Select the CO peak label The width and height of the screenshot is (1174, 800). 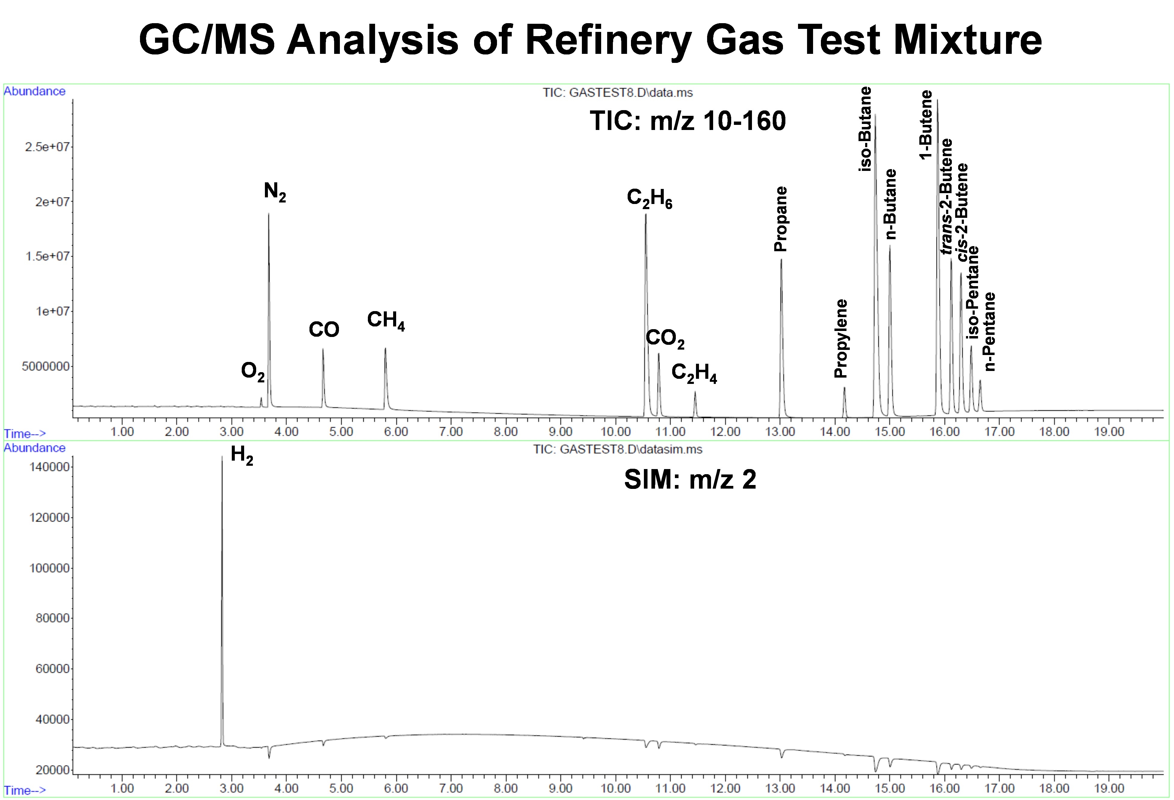pyautogui.click(x=324, y=330)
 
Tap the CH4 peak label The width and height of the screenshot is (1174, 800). pyautogui.click(x=385, y=320)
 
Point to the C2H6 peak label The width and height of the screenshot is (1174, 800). pyautogui.click(x=649, y=198)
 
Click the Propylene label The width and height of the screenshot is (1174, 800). pyautogui.click(x=840, y=338)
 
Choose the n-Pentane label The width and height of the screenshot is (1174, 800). pyautogui.click(x=989, y=332)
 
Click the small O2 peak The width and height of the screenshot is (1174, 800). pyautogui.click(x=261, y=398)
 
